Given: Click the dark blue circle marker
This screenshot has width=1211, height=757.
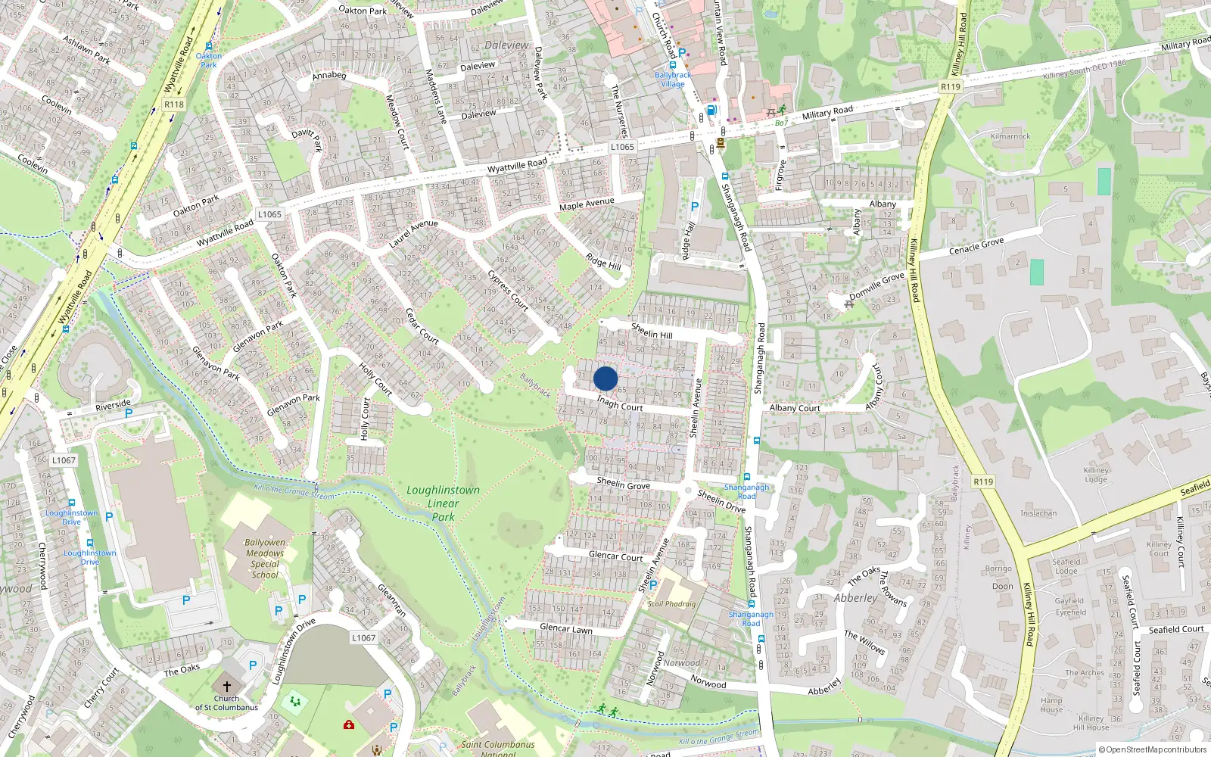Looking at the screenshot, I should click(605, 378).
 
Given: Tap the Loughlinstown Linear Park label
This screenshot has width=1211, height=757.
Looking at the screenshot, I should click(444, 503).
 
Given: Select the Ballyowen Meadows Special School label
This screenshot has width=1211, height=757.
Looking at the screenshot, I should click(265, 559).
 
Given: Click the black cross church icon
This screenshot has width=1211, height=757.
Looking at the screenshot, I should click(226, 686).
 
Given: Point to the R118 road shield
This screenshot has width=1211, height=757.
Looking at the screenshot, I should click(174, 104).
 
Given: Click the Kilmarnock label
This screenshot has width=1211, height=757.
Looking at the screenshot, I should click(1010, 136).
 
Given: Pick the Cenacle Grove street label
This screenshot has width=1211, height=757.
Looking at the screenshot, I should click(976, 246).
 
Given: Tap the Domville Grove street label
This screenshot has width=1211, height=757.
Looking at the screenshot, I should click(876, 286).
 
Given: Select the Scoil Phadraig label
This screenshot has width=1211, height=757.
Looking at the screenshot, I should click(671, 604).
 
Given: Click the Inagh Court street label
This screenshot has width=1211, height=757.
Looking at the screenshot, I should click(619, 403).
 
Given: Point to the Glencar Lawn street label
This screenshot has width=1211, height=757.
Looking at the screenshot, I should click(566, 628).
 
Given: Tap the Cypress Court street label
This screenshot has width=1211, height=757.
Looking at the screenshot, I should click(508, 289).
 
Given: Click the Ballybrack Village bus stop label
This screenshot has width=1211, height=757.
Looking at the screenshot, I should click(673, 79).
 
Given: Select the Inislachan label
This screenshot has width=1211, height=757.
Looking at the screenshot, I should click(1038, 513).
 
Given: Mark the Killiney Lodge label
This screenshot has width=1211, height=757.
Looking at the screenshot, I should click(1095, 475).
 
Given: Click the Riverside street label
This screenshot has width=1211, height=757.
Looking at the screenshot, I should click(113, 406).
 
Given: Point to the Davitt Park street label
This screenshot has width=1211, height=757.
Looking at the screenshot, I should click(307, 139).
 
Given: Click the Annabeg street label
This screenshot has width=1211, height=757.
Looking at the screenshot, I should click(329, 76).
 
